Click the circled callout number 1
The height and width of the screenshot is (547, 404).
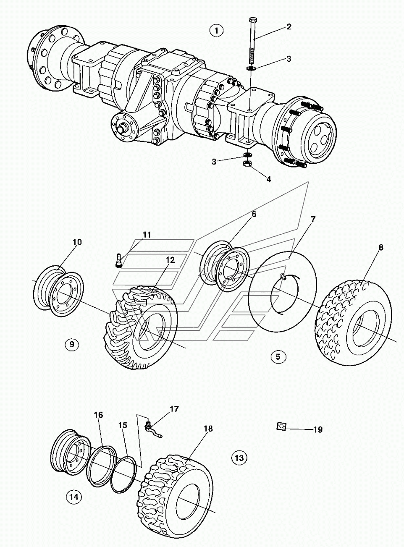(x=216, y=30)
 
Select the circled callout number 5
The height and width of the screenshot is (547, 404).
(x=278, y=357)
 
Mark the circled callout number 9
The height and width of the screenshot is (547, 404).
(x=72, y=344)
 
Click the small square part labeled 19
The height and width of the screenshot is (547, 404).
(x=281, y=427)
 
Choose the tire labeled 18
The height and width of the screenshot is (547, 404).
(x=176, y=495)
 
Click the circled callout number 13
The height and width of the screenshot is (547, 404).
(x=239, y=457)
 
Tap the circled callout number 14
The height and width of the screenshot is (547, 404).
(x=73, y=497)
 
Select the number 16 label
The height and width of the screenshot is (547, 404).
(x=98, y=415)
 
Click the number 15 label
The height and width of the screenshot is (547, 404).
(x=123, y=425)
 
